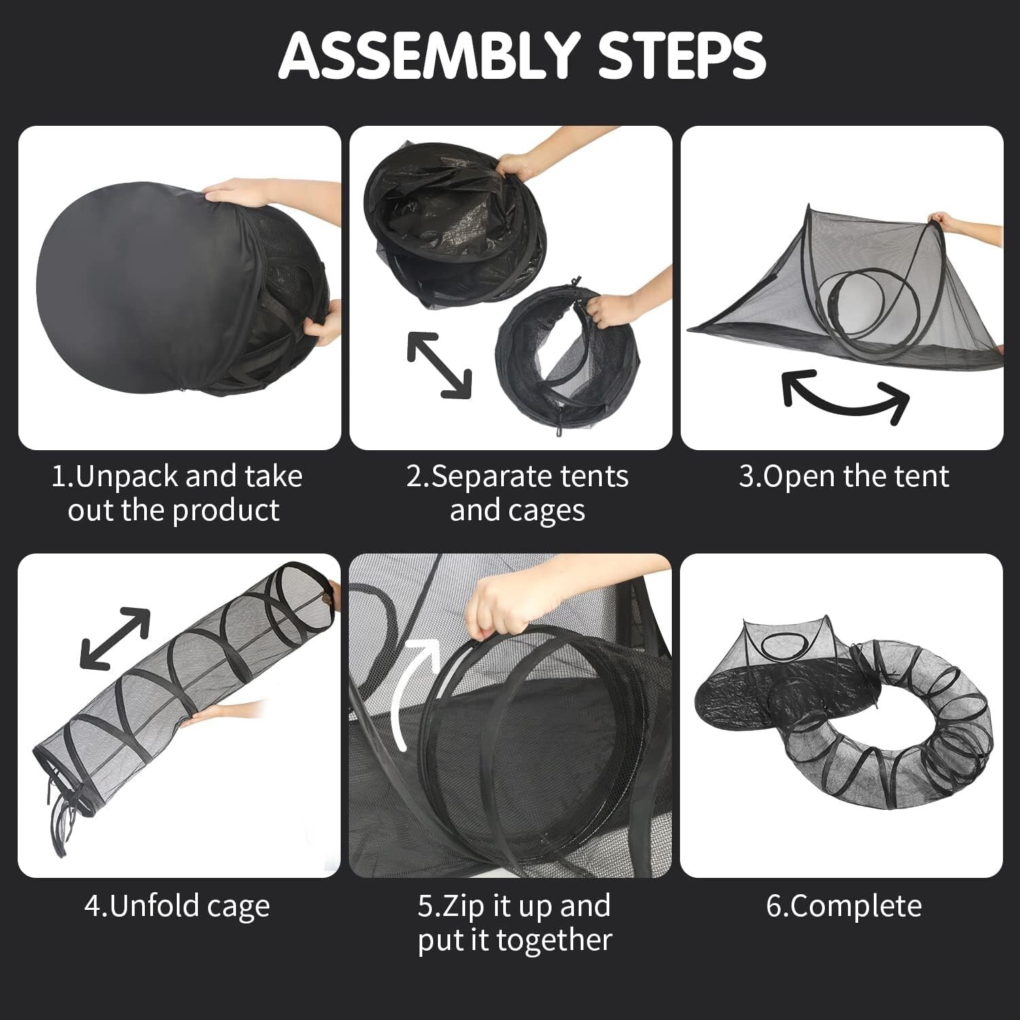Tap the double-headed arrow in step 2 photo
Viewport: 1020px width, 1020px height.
[x=439, y=365]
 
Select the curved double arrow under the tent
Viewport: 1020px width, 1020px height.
[x=846, y=395]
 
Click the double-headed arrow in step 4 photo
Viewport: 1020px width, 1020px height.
[x=115, y=637]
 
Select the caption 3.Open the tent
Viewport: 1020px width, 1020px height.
[x=843, y=476]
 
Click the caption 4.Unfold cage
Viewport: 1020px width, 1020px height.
[x=177, y=906]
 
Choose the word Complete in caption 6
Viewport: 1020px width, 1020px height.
[x=857, y=906]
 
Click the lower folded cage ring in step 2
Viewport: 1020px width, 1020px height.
[x=547, y=354]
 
